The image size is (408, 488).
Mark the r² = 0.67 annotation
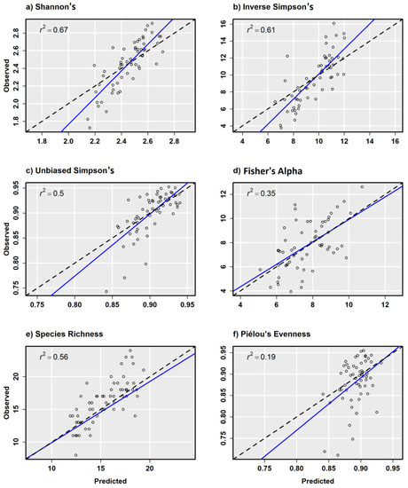46,32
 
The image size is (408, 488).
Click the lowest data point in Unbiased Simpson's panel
106,290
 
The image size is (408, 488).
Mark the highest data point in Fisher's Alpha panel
361,186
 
